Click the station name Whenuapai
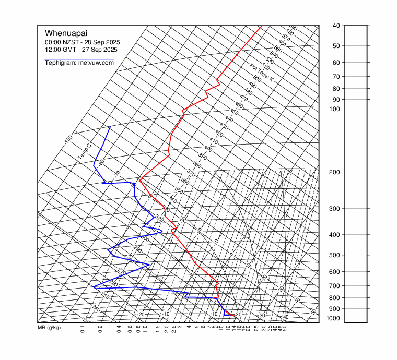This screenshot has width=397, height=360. click(64, 33)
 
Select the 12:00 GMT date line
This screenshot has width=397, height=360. click(81, 50)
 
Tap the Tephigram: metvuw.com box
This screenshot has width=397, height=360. click(79, 63)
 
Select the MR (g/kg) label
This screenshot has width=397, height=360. click(49, 328)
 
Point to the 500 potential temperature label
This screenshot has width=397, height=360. click(257, 79)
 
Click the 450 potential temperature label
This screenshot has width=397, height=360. click(234, 112)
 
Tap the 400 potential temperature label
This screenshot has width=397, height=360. click(208, 149)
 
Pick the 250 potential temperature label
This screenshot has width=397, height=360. click(104, 296)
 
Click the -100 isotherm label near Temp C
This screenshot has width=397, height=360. click(68, 140)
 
